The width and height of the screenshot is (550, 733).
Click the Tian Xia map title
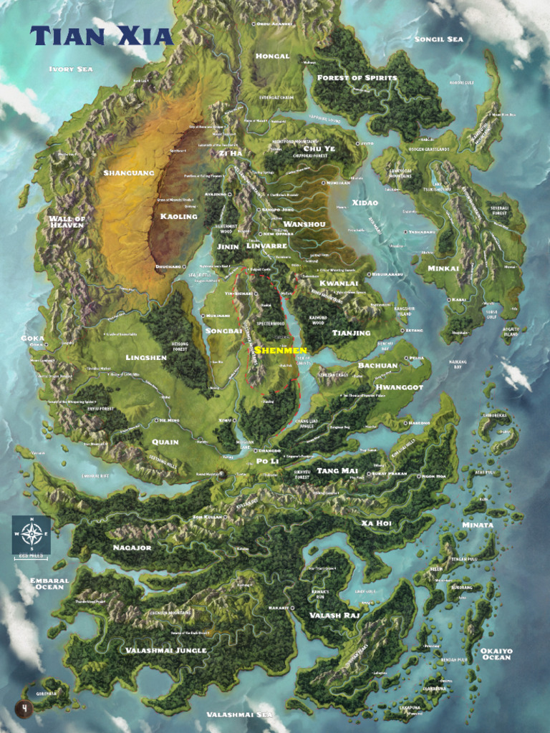[102, 36]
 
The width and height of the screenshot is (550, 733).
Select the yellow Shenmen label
[280, 350]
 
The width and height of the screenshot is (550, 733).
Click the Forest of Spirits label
[357, 77]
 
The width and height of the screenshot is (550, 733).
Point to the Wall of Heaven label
[67, 221]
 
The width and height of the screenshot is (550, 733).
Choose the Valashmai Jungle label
[166, 650]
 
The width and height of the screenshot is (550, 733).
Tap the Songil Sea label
[438, 39]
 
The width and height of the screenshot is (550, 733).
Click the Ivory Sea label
[72, 69]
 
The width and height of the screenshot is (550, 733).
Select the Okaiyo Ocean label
[496, 654]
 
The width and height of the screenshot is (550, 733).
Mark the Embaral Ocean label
[49, 584]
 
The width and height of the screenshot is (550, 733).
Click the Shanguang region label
[128, 173]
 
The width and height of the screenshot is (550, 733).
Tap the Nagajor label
[132, 548]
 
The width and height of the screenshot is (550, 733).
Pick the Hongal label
[273, 56]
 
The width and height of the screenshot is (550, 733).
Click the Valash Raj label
[334, 615]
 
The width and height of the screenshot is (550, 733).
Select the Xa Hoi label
[376, 523]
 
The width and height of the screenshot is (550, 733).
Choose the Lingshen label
[146, 357]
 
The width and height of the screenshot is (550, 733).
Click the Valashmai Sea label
[239, 714]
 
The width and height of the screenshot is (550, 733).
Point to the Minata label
[477, 525]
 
